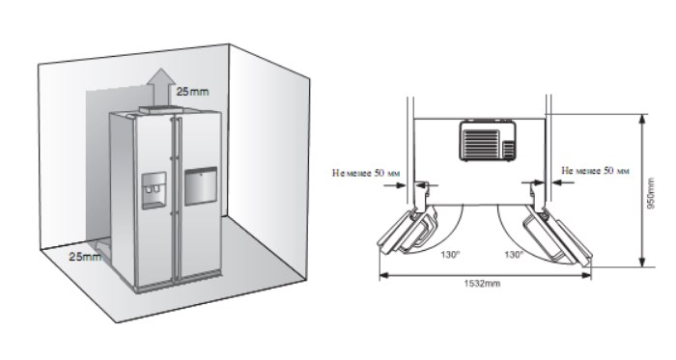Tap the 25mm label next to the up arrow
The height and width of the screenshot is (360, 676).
pyautogui.click(x=192, y=92)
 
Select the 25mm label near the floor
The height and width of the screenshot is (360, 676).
pyautogui.click(x=86, y=257)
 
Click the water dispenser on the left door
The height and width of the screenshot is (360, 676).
pyautogui.click(x=154, y=190)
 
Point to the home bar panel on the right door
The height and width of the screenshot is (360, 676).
pyautogui.click(x=201, y=185)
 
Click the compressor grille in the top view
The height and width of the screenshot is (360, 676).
pyautogui.click(x=488, y=141)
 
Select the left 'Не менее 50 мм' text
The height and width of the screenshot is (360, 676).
pyautogui.click(x=366, y=173)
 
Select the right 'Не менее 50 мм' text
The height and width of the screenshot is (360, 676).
pyautogui.click(x=595, y=171)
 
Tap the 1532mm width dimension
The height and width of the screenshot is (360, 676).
pyautogui.click(x=482, y=284)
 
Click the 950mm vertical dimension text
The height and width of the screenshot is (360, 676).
pyautogui.click(x=651, y=193)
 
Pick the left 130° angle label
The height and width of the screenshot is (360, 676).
pyautogui.click(x=450, y=255)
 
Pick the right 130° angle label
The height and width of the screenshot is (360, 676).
pyautogui.click(x=514, y=255)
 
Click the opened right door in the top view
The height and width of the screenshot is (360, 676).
pyautogui.click(x=557, y=236)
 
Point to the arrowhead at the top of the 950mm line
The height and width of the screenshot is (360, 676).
pyautogui.click(x=642, y=119)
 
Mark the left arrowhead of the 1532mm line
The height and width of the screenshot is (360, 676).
pyautogui.click(x=383, y=275)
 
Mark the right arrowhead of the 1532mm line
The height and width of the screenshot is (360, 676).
pyautogui.click(x=586, y=275)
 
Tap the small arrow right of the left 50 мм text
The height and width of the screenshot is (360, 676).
pyautogui.click(x=394, y=185)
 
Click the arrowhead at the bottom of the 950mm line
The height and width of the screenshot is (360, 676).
pyautogui.click(x=642, y=262)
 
